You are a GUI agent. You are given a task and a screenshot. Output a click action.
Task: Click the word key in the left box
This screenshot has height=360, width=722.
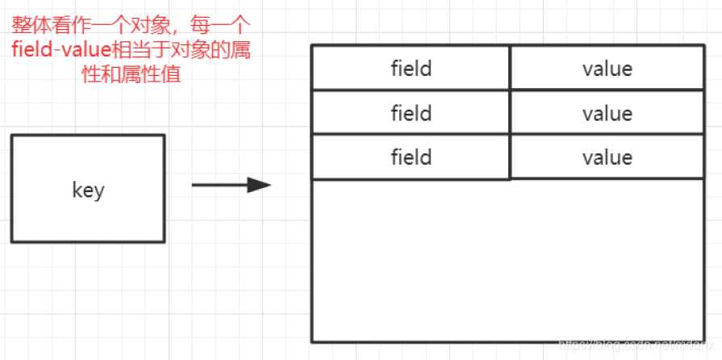(88, 191)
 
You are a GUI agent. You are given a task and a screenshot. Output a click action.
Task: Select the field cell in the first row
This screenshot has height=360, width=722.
(411, 69)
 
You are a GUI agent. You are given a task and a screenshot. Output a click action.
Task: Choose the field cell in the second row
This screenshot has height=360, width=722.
(411, 113)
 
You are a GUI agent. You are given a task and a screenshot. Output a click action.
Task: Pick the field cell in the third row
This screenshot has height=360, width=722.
(411, 157)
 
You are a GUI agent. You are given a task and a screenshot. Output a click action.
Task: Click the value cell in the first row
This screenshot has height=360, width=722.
(607, 69)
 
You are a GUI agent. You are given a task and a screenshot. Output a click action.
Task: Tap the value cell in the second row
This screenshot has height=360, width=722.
(607, 113)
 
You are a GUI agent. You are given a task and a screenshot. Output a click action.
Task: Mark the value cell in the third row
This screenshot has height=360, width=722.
(607, 157)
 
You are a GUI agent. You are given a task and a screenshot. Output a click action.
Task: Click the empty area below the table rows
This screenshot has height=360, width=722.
(508, 258)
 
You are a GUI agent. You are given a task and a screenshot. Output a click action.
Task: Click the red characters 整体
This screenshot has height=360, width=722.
(27, 25)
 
